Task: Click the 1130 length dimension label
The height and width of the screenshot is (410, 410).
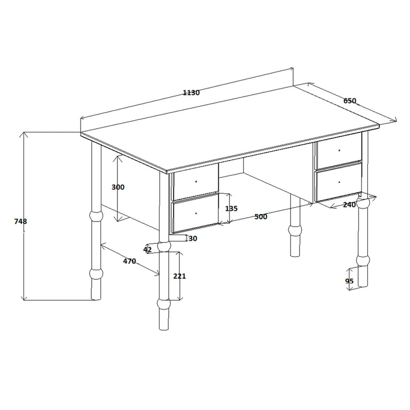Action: [x=191, y=92]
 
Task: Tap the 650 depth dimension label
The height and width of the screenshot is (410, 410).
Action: [x=350, y=101]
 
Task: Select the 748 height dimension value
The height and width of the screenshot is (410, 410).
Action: [x=20, y=222]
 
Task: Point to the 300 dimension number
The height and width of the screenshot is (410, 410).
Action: [x=118, y=187]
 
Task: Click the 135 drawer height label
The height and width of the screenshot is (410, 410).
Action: [x=231, y=209]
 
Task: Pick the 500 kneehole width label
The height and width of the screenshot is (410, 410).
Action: [x=261, y=217]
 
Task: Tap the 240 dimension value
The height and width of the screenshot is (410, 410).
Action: [x=349, y=205]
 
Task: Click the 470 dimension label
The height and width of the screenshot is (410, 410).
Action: [x=129, y=261]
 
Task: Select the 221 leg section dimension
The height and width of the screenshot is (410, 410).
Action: [x=179, y=276]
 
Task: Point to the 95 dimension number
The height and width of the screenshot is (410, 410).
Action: [x=349, y=281]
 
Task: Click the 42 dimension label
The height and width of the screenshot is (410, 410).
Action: [x=147, y=250]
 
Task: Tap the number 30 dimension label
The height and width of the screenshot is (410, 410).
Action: [x=193, y=239]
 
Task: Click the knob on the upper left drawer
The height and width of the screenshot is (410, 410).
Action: [x=196, y=182]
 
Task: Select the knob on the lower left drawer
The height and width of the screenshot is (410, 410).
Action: [x=196, y=214]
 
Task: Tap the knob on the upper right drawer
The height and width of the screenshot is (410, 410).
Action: [x=340, y=151]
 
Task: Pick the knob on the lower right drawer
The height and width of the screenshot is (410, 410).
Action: [x=340, y=182]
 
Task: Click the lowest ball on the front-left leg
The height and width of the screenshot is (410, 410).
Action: [x=164, y=304]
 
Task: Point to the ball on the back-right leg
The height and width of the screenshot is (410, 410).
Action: [x=295, y=230]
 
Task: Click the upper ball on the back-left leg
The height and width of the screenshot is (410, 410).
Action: [x=96, y=216]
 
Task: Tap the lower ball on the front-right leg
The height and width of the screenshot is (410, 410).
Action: [x=363, y=261]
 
